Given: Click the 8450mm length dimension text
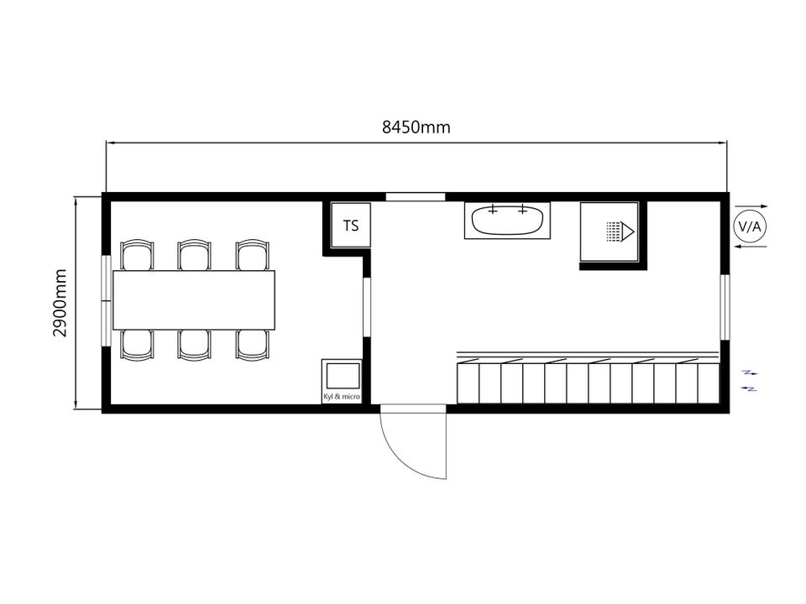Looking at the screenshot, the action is click(x=416, y=127).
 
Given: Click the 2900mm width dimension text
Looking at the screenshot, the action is click(x=60, y=303).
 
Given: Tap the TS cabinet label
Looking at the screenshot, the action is click(x=351, y=226).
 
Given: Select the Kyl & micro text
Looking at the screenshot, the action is click(x=342, y=397).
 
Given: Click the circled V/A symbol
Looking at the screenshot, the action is click(x=750, y=226).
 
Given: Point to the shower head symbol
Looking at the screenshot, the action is click(x=620, y=232).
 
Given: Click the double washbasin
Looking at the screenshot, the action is click(x=507, y=221).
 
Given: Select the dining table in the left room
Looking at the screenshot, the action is click(x=194, y=300).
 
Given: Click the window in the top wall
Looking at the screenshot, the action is click(x=416, y=196).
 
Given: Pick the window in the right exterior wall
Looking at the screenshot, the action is click(x=725, y=307).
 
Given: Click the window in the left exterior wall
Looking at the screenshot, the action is click(x=106, y=300).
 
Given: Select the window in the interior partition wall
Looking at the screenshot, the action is click(x=367, y=307).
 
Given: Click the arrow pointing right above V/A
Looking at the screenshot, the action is click(x=751, y=206).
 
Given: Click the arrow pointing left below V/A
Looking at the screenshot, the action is click(x=751, y=247).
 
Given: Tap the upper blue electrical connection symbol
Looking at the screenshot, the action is click(x=750, y=372).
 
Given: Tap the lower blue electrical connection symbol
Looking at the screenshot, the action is click(x=750, y=388).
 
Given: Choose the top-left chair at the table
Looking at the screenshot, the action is click(x=137, y=255).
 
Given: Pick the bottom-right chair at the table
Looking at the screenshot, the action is click(x=253, y=345).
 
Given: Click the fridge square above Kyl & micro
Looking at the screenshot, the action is click(x=343, y=376).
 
